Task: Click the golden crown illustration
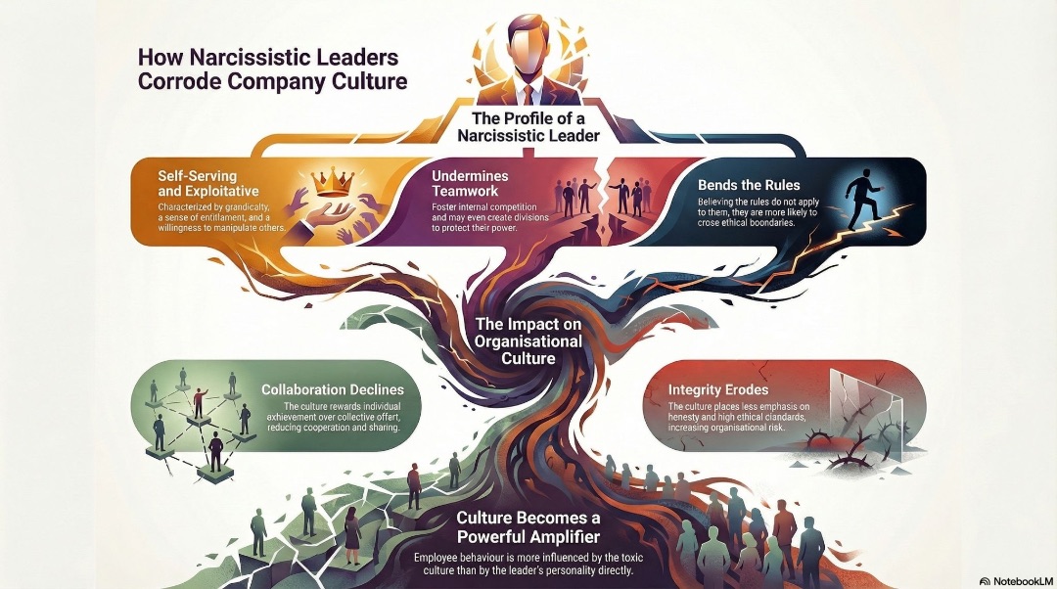[x=333, y=181]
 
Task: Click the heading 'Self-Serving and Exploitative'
[x=198, y=183]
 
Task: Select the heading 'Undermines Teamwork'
[x=470, y=183]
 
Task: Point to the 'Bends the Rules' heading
[x=749, y=185]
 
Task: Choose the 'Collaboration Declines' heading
[x=333, y=389]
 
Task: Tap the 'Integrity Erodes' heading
[x=718, y=389]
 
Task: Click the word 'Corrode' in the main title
[x=179, y=81]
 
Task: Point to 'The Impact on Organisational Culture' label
[x=528, y=340]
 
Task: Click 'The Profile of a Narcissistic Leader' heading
[x=528, y=126]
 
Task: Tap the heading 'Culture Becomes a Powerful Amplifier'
[x=528, y=527]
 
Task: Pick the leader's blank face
[x=528, y=52]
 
